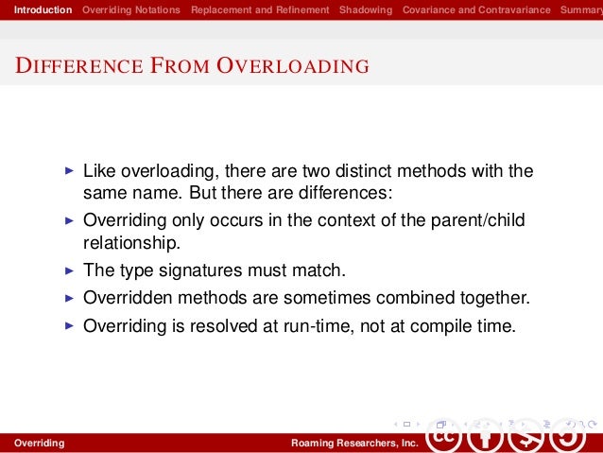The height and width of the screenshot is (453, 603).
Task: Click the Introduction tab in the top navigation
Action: coord(37,9)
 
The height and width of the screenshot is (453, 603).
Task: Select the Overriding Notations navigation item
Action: coord(131,9)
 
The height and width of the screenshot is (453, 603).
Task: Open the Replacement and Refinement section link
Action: coord(260,9)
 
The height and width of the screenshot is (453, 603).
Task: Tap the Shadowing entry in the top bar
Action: coord(366,9)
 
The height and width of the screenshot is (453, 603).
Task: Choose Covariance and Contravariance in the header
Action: coord(476,9)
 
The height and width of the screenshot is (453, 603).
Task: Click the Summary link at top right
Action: coord(580,9)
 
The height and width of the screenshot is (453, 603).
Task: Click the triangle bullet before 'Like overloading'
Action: coord(67,172)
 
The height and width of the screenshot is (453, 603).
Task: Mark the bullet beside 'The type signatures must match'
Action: coord(67,270)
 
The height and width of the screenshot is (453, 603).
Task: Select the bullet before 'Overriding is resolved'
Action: coord(67,326)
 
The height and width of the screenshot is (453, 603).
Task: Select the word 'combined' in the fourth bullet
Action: coord(422,298)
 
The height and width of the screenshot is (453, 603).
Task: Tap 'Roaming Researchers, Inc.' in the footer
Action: coord(353,443)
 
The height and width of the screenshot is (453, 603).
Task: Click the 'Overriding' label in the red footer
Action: coord(33,443)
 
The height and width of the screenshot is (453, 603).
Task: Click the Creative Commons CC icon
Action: coord(447,438)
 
